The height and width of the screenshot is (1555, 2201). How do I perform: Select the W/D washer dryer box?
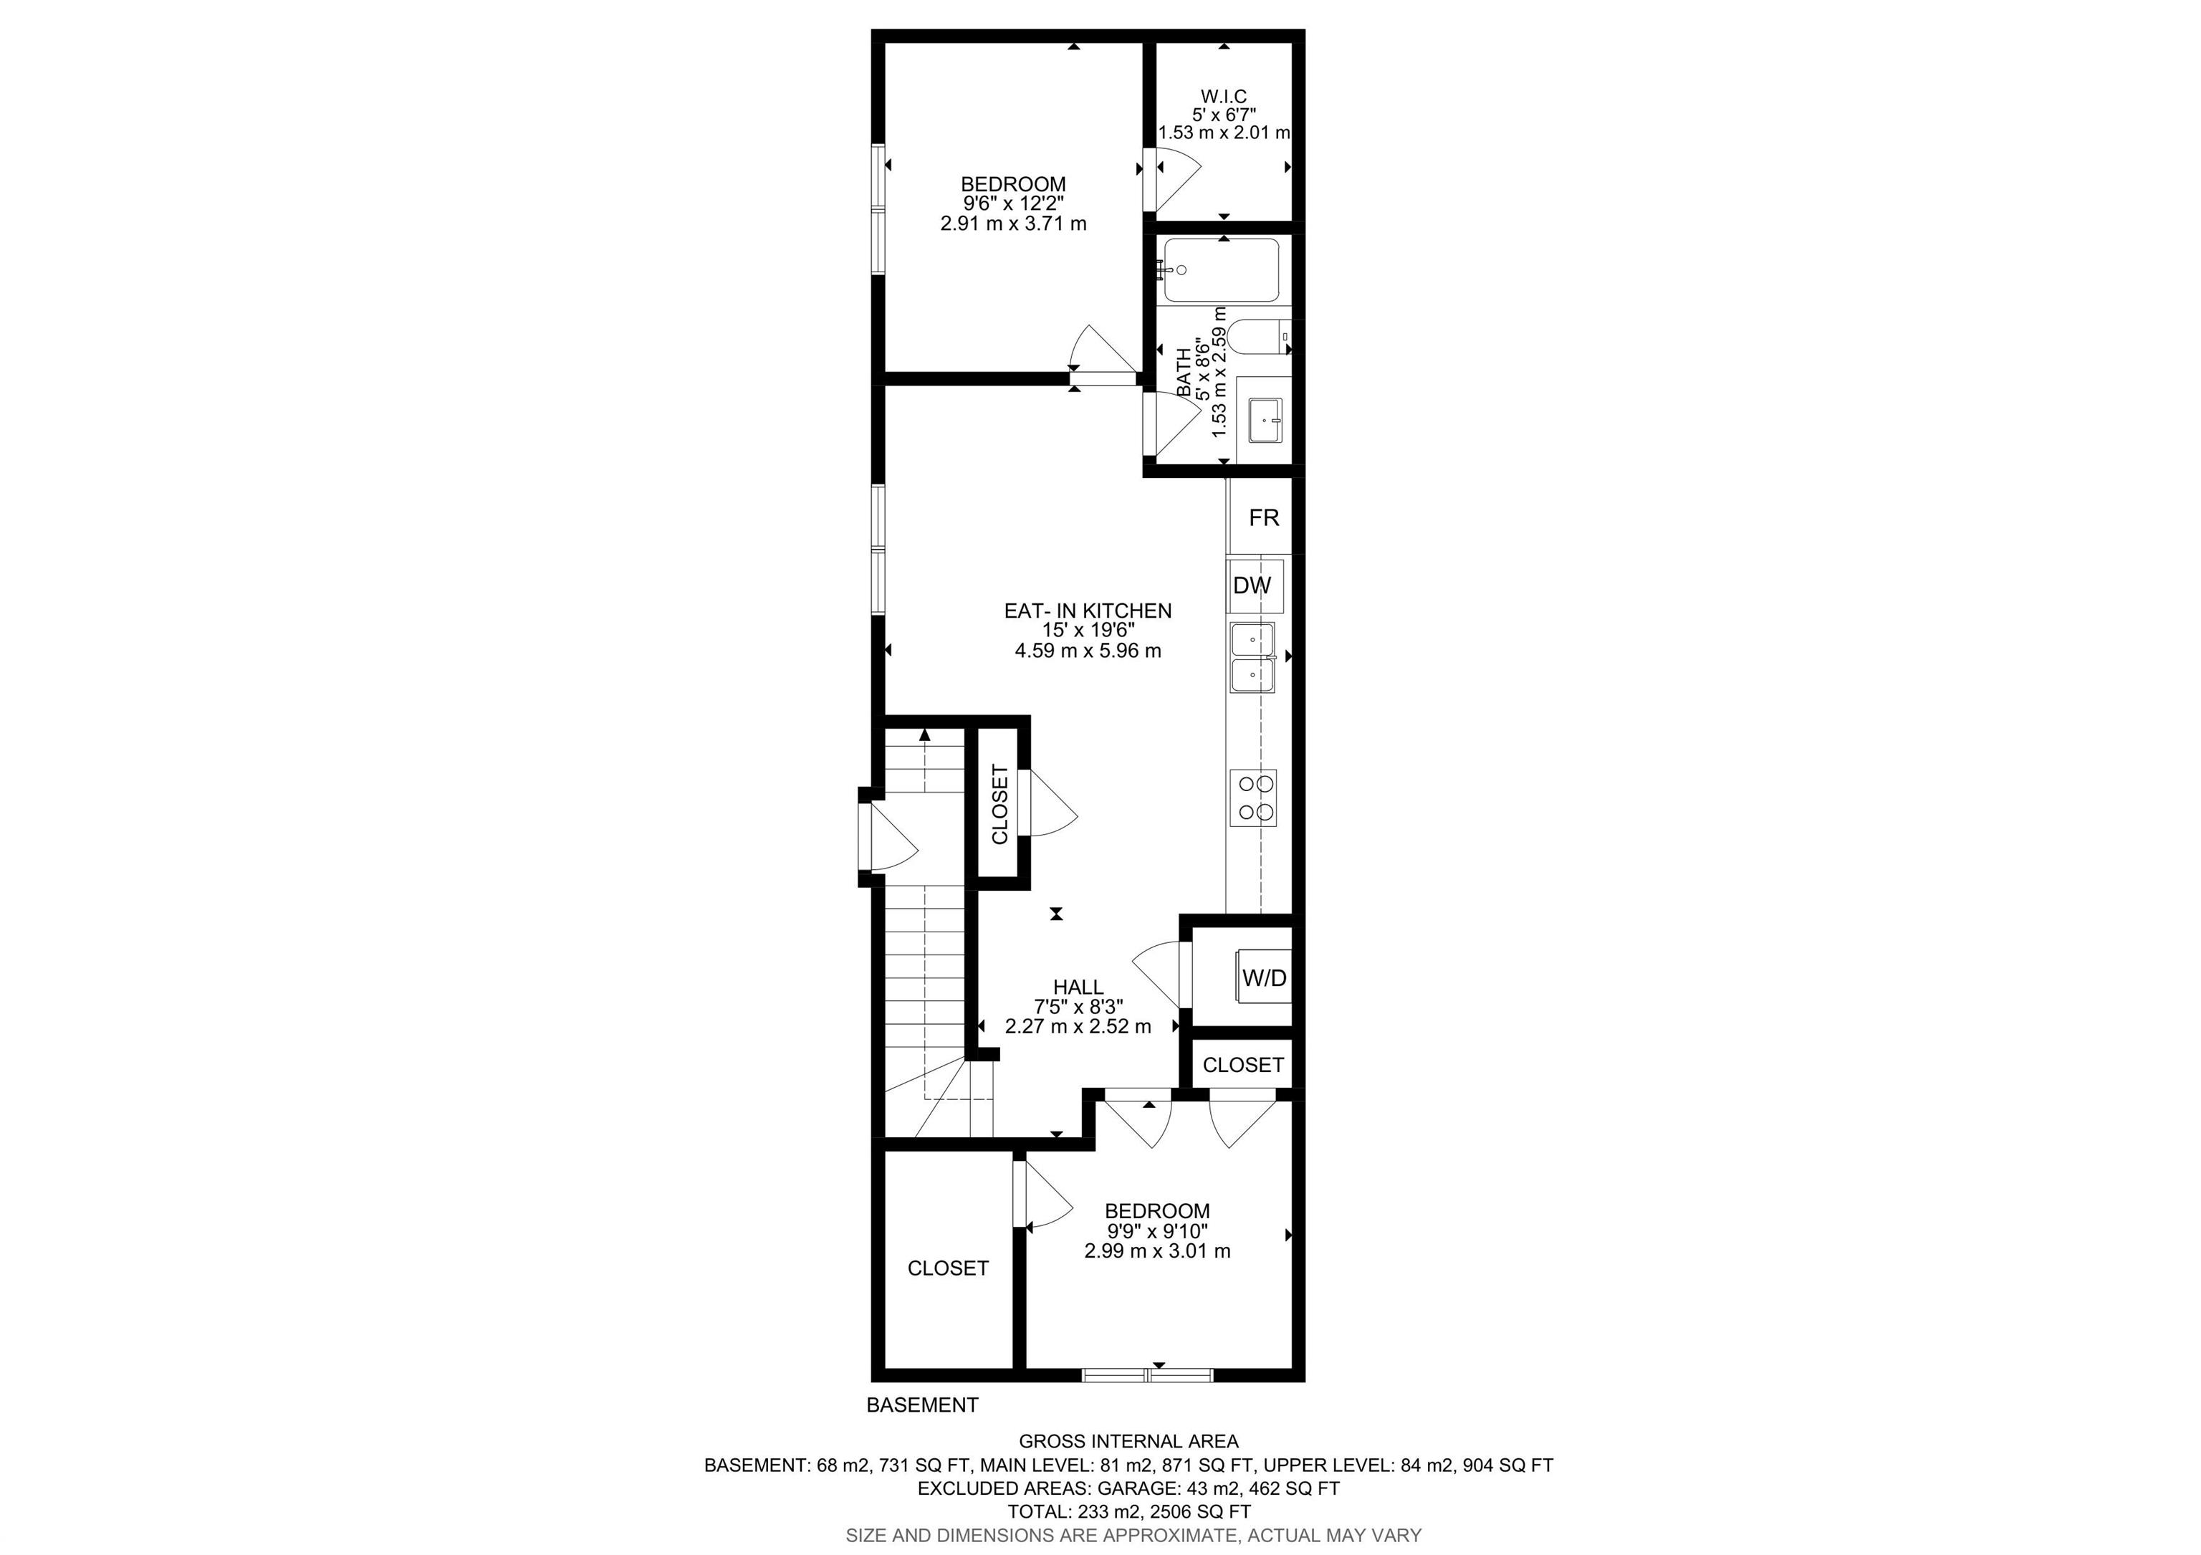click(1263, 978)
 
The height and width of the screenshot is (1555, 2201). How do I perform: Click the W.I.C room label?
click(1223, 97)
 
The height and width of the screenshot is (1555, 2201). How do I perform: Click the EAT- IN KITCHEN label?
click(1087, 611)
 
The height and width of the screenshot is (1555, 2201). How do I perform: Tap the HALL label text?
click(1078, 987)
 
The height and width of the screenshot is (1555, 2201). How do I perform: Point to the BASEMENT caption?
click(922, 1405)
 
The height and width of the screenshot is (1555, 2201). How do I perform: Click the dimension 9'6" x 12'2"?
click(1013, 204)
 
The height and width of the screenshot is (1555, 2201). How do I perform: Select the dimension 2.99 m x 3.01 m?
click(1157, 1251)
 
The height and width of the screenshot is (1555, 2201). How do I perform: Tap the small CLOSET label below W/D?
click(1242, 1065)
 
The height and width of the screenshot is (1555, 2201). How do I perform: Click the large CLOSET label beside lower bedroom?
click(947, 1268)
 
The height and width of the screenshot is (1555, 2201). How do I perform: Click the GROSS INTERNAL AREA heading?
click(1128, 1441)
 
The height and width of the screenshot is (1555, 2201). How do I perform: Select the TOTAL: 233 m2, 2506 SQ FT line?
click(1128, 1512)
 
